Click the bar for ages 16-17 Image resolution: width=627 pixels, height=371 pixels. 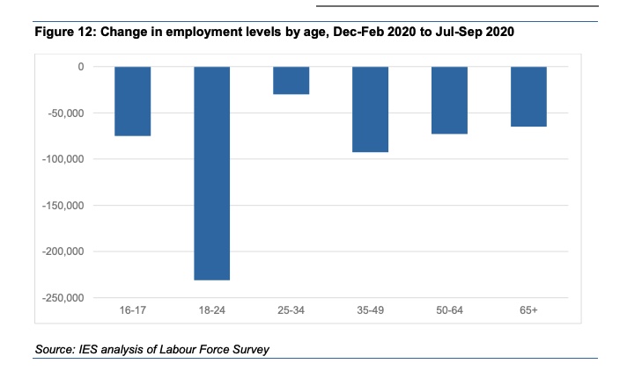132,101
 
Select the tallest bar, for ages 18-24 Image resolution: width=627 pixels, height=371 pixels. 211,173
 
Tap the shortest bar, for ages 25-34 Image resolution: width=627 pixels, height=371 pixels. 291,80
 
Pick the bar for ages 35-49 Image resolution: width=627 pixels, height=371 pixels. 370,109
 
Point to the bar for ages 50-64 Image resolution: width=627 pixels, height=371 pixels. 449,100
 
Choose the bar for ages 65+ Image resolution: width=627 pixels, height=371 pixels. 528,97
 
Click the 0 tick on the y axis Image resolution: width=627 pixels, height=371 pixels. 80,67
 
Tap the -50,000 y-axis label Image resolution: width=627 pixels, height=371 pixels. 63,113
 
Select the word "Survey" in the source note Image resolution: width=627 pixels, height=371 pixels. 249,350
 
